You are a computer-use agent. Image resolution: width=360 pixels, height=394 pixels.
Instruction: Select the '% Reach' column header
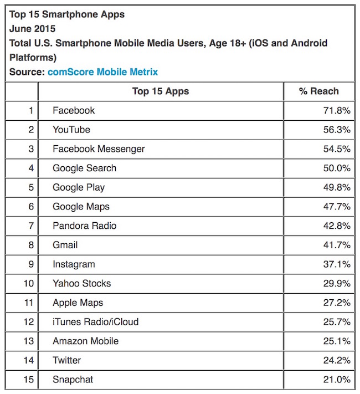[318, 91]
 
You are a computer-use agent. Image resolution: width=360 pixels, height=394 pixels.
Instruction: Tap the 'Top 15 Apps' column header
[161, 91]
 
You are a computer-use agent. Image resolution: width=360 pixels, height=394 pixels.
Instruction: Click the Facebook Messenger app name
[99, 149]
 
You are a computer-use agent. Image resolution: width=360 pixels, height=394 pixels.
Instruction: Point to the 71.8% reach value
[337, 110]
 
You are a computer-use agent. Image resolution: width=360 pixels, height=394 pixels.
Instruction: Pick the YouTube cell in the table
[71, 130]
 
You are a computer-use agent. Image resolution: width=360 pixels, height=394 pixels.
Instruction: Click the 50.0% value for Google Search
[337, 168]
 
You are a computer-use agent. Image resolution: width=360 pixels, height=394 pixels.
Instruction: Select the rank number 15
[28, 380]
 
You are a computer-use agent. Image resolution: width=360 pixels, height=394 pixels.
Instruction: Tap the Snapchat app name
[73, 380]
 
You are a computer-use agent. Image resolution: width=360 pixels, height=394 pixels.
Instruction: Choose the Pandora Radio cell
[84, 226]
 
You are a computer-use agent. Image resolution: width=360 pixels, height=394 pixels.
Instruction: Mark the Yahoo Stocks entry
[81, 283]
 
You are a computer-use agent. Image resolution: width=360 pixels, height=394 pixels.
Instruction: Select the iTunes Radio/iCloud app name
[95, 322]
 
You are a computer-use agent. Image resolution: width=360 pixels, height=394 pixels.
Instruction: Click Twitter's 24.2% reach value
[337, 360]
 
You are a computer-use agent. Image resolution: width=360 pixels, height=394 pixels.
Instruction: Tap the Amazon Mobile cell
[85, 341]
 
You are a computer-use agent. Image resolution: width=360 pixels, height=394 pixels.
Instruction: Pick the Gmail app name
[65, 245]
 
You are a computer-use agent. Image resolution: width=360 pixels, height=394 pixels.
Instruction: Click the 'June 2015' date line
[33, 28]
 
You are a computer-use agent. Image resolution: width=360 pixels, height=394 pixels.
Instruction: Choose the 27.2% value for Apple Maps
[337, 303]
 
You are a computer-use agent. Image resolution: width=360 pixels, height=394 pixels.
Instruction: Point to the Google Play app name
[79, 187]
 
